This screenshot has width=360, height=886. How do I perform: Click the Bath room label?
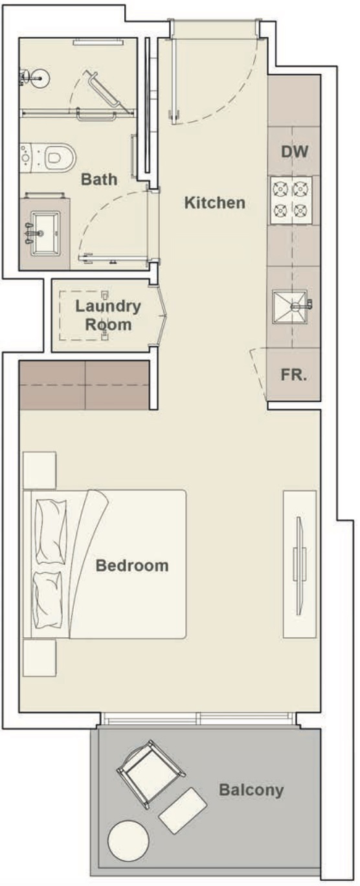tap(99, 179)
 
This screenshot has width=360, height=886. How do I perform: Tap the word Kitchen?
tap(215, 203)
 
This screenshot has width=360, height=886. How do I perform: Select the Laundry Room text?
tap(107, 315)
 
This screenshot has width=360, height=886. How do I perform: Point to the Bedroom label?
tap(132, 565)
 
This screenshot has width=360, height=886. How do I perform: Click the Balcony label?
tap(251, 790)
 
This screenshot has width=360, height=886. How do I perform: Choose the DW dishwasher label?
tap(295, 153)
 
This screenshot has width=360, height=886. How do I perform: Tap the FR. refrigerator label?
tap(294, 376)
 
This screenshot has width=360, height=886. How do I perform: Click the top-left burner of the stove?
tap(280, 190)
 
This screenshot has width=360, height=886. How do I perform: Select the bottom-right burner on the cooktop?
tap(300, 210)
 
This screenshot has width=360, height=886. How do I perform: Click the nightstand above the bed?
tap(39, 470)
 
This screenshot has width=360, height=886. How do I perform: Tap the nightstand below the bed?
tap(39, 659)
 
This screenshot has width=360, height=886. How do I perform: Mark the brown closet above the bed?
tap(84, 385)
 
